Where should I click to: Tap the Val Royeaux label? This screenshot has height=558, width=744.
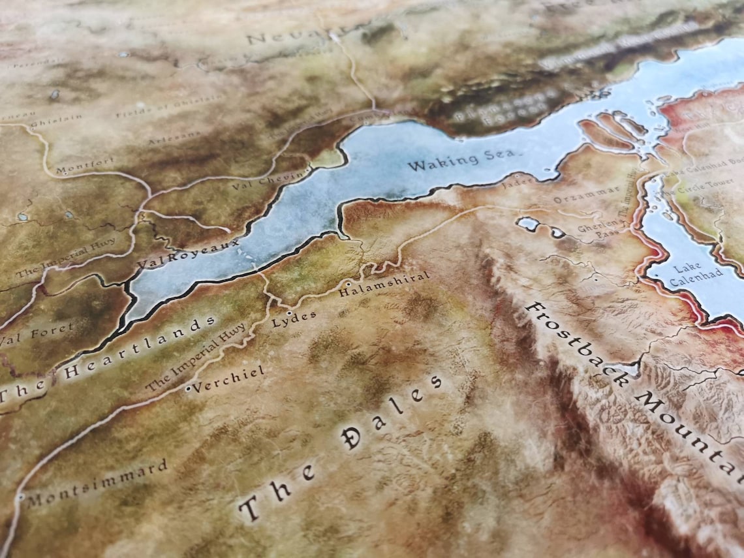pos(189,253)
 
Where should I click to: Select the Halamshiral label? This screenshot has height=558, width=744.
pos(385,285)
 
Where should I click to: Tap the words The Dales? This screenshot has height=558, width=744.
pos(339,450)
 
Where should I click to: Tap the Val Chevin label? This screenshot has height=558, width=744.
pos(268,180)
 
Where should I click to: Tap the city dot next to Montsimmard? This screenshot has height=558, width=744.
pos(22,497)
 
